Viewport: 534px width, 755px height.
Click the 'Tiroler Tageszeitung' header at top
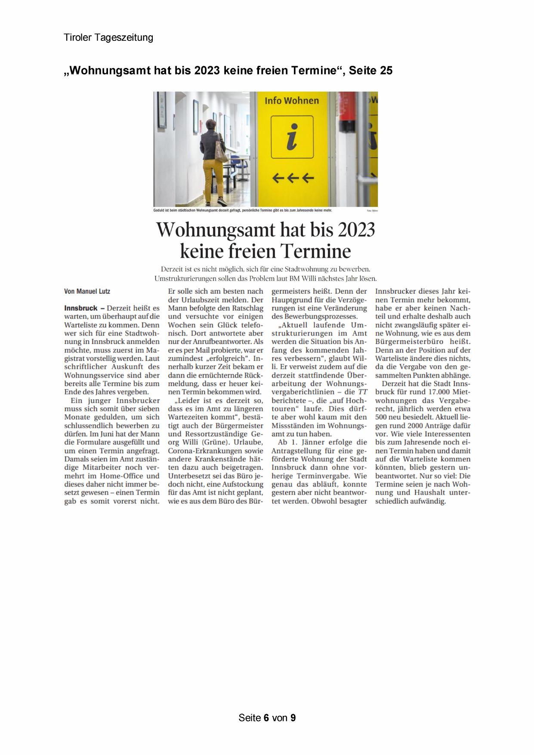pos(108,37)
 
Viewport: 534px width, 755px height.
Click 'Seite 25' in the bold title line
pos(370,71)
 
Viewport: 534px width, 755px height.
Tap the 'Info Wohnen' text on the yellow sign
pos(291,101)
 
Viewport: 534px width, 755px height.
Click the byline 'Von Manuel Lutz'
pos(87,291)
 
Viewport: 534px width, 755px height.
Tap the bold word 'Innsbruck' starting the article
pos(80,308)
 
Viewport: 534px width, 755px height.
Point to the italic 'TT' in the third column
pos(363,392)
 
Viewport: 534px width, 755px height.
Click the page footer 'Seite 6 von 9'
pos(267,718)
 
